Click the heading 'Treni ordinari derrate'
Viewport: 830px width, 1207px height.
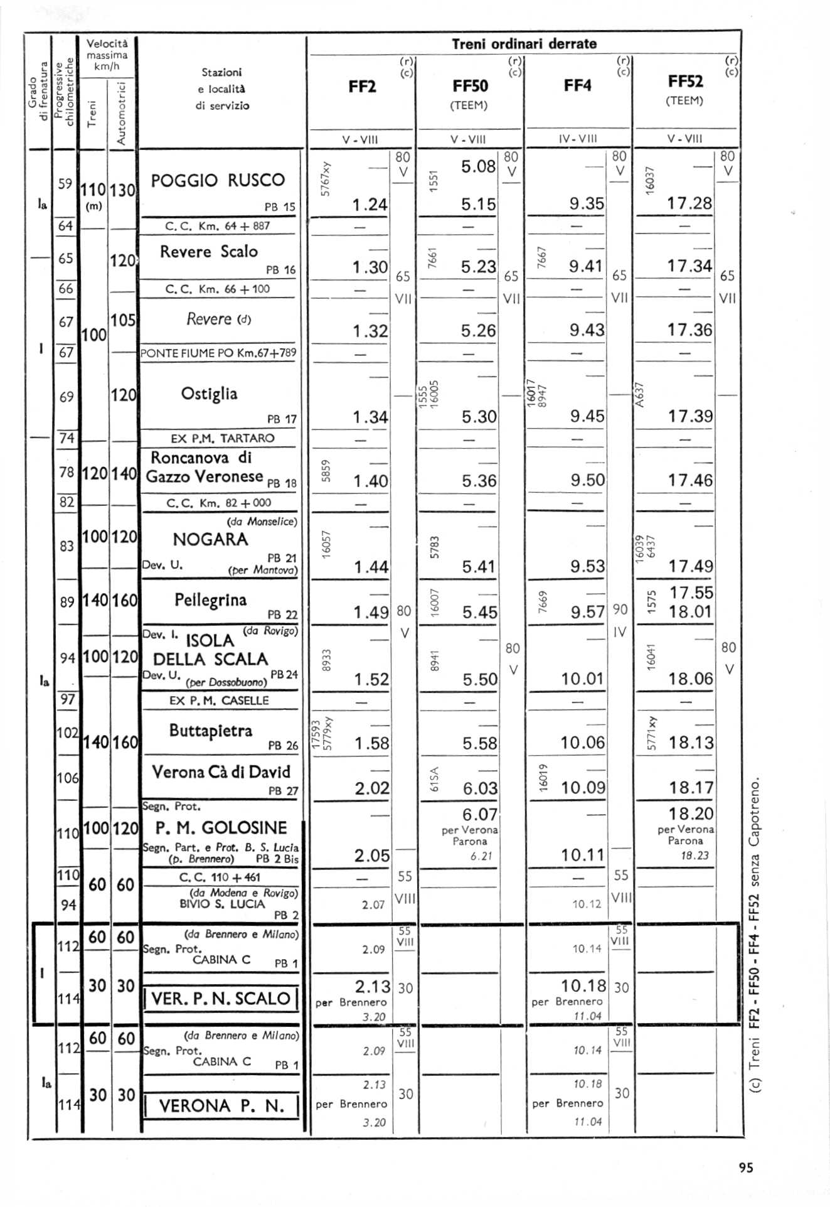tap(524, 44)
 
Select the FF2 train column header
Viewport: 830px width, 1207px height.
tap(362, 87)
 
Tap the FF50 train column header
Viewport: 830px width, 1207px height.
tap(470, 86)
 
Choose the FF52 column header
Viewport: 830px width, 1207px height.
tap(686, 82)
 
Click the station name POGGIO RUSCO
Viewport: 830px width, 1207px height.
tap(218, 181)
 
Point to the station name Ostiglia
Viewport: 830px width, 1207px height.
tap(209, 394)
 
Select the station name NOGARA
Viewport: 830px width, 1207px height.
tap(210, 540)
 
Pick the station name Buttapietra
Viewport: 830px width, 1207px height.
tap(210, 731)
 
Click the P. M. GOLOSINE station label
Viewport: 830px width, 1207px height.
tap(221, 828)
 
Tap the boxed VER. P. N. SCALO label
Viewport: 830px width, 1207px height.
tap(221, 999)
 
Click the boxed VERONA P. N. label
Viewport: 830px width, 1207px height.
tap(221, 1106)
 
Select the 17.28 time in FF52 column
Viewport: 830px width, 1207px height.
tap(689, 203)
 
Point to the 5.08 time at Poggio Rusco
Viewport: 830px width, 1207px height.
tap(478, 167)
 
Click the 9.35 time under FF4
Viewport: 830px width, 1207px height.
tap(587, 204)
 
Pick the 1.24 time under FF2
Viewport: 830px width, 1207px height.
tap(370, 205)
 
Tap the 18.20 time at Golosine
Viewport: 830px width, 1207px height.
tap(691, 814)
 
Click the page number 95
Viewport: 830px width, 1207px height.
tap(745, 1167)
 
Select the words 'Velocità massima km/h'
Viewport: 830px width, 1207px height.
tap(107, 55)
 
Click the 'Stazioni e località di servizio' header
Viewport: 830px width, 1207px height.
tap(221, 89)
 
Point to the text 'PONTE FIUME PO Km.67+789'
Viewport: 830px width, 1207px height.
tap(218, 353)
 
